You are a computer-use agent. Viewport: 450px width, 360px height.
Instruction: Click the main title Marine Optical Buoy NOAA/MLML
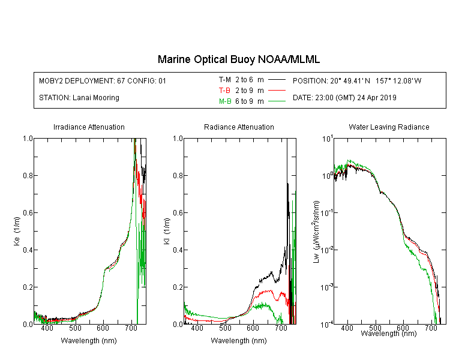point(238,59)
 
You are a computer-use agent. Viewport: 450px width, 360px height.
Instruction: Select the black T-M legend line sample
point(277,80)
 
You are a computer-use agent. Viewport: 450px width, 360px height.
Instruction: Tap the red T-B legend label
point(225,91)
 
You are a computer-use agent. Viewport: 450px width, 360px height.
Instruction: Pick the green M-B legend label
point(225,101)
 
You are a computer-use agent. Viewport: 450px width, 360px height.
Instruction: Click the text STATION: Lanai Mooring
point(79,98)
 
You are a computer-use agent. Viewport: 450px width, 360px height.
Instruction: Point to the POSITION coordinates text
point(357,80)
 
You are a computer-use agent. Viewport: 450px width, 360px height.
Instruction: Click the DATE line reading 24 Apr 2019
point(344,98)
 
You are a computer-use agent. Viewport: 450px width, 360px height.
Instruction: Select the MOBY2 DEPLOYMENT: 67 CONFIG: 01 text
point(103,80)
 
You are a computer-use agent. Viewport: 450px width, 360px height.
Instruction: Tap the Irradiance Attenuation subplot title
point(89,127)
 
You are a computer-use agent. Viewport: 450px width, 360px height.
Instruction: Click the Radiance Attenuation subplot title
point(239,127)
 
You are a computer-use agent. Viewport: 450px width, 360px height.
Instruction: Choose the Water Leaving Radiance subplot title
point(389,127)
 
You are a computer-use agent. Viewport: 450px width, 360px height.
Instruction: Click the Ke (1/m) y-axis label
point(17,231)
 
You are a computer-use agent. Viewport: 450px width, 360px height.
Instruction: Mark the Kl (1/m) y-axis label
point(167,231)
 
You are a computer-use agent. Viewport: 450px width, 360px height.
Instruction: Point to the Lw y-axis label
point(316,232)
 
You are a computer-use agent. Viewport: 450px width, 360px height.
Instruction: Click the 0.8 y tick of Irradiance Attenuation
point(28,175)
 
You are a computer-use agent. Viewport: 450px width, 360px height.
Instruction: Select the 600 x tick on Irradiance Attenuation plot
point(103,328)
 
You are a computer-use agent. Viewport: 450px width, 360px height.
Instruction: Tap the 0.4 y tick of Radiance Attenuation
point(178,250)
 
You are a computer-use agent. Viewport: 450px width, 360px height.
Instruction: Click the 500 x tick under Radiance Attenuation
point(225,328)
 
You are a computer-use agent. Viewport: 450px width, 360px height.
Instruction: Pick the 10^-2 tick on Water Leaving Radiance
point(327,249)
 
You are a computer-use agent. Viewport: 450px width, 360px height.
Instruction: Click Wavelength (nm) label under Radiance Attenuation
point(239,341)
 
